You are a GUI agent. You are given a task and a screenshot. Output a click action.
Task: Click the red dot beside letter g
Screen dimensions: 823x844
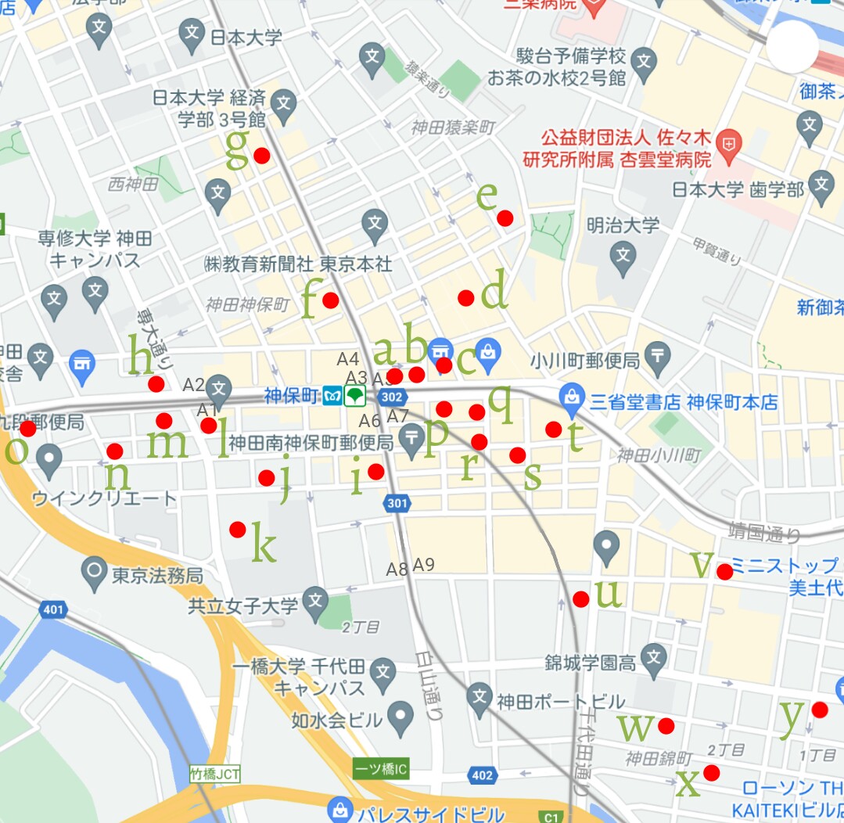[x=262, y=156]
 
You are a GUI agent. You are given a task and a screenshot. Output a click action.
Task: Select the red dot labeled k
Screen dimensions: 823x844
[x=238, y=530]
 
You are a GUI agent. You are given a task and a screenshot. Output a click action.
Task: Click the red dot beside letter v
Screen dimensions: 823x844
[x=725, y=572]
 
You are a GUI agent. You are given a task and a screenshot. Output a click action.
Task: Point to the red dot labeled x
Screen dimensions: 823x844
[x=711, y=773]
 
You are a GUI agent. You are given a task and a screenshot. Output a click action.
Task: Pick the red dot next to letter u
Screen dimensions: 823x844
[x=581, y=599]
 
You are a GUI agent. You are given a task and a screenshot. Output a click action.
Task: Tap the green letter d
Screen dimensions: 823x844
[x=494, y=293]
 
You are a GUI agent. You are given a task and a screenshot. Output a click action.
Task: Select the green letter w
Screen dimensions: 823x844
[x=635, y=728]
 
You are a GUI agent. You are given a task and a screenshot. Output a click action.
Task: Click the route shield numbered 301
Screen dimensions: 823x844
[x=397, y=505]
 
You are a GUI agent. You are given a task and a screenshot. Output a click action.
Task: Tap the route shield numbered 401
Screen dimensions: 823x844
[x=54, y=609]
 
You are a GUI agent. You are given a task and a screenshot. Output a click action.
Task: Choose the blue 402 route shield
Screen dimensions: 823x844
[x=483, y=775]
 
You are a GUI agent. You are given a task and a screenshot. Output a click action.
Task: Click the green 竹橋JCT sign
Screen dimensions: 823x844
[x=215, y=774]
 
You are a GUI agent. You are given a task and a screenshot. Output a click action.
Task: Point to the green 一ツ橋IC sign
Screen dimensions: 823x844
[x=381, y=770]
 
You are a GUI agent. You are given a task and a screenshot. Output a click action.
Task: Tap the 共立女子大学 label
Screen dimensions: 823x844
[x=243, y=605]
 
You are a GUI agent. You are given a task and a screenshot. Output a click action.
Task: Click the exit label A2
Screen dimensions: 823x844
[x=193, y=385]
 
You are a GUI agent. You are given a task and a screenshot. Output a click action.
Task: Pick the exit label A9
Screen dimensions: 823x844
[x=424, y=564]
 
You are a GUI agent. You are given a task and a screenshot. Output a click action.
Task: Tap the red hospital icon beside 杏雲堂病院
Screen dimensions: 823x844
[x=728, y=144]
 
